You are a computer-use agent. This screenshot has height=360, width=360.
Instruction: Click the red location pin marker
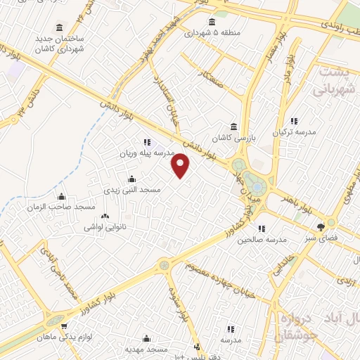click(181, 166)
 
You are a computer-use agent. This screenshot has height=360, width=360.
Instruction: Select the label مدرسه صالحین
click(262, 240)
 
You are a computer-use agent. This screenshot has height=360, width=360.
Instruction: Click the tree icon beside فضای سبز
click(321, 227)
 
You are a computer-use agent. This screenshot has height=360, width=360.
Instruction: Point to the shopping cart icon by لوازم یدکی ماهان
click(65, 327)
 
